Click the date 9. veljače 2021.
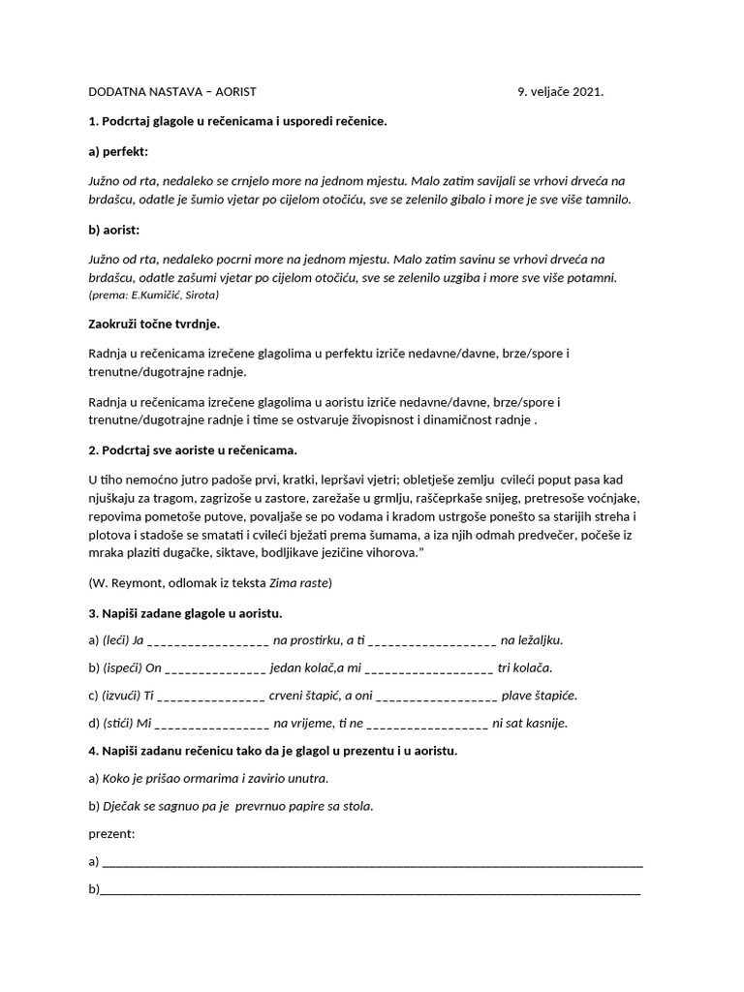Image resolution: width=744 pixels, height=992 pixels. pyautogui.click(x=560, y=92)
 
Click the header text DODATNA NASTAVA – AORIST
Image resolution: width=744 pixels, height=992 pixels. pyautogui.click(x=172, y=92)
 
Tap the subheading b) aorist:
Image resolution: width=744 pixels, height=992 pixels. pyautogui.click(x=114, y=230)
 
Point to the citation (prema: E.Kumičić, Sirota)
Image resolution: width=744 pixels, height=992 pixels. pyautogui.click(x=153, y=294)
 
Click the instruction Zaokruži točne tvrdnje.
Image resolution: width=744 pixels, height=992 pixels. pyautogui.click(x=160, y=323)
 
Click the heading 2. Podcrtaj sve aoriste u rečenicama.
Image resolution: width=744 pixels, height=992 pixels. pyautogui.click(x=193, y=450)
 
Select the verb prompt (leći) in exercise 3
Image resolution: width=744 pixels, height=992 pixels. pyautogui.click(x=114, y=640)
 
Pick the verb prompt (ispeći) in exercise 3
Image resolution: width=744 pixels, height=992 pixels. pyautogui.click(x=121, y=667)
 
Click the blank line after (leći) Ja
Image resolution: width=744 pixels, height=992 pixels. pyautogui.click(x=208, y=642)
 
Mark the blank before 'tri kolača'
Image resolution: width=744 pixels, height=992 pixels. pyautogui.click(x=429, y=669)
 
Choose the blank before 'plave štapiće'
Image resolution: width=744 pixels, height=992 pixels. pyautogui.click(x=435, y=697)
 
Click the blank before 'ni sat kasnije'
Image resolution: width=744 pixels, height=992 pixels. pyautogui.click(x=427, y=725)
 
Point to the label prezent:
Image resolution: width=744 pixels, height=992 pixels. pyautogui.click(x=110, y=833)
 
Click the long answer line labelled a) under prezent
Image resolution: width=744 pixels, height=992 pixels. pyautogui.click(x=372, y=864)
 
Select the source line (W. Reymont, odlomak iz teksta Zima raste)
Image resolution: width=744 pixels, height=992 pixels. pyautogui.click(x=209, y=582)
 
